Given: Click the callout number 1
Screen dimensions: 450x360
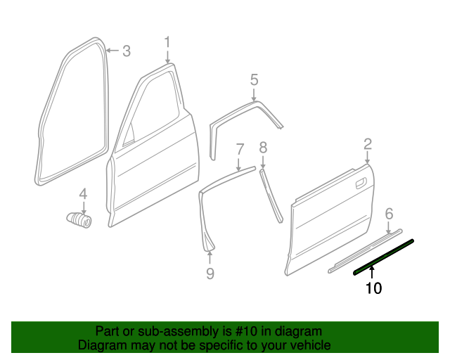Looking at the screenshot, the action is tap(167, 42).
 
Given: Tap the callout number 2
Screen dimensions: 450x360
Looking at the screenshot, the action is tap(368, 144).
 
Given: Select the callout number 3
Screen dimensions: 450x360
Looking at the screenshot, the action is tap(127, 51).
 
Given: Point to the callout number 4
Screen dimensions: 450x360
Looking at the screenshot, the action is tap(83, 194).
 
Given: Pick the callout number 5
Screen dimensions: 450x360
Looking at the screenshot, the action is tap(255, 79).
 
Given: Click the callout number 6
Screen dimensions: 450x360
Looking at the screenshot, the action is tap(389, 214).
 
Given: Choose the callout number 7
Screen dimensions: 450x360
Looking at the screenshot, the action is tap(240, 149).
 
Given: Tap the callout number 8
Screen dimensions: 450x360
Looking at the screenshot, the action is tap(263, 148).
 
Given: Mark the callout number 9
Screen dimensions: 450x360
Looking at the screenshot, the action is tap(210, 274).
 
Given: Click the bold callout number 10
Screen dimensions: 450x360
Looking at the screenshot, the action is tap(373, 288).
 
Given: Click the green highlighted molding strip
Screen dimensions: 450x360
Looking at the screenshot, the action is tap(383, 257).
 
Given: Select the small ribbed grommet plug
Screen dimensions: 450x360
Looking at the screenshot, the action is tap(79, 220).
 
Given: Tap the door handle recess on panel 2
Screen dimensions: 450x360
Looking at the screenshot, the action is tap(361, 184).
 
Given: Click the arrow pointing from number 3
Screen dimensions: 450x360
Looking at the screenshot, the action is tap(112, 51).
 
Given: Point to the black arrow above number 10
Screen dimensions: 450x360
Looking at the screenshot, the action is tap(372, 272).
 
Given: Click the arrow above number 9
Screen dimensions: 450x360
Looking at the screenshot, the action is tap(210, 257).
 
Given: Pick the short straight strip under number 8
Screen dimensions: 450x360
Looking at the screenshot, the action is tap(271, 195).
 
